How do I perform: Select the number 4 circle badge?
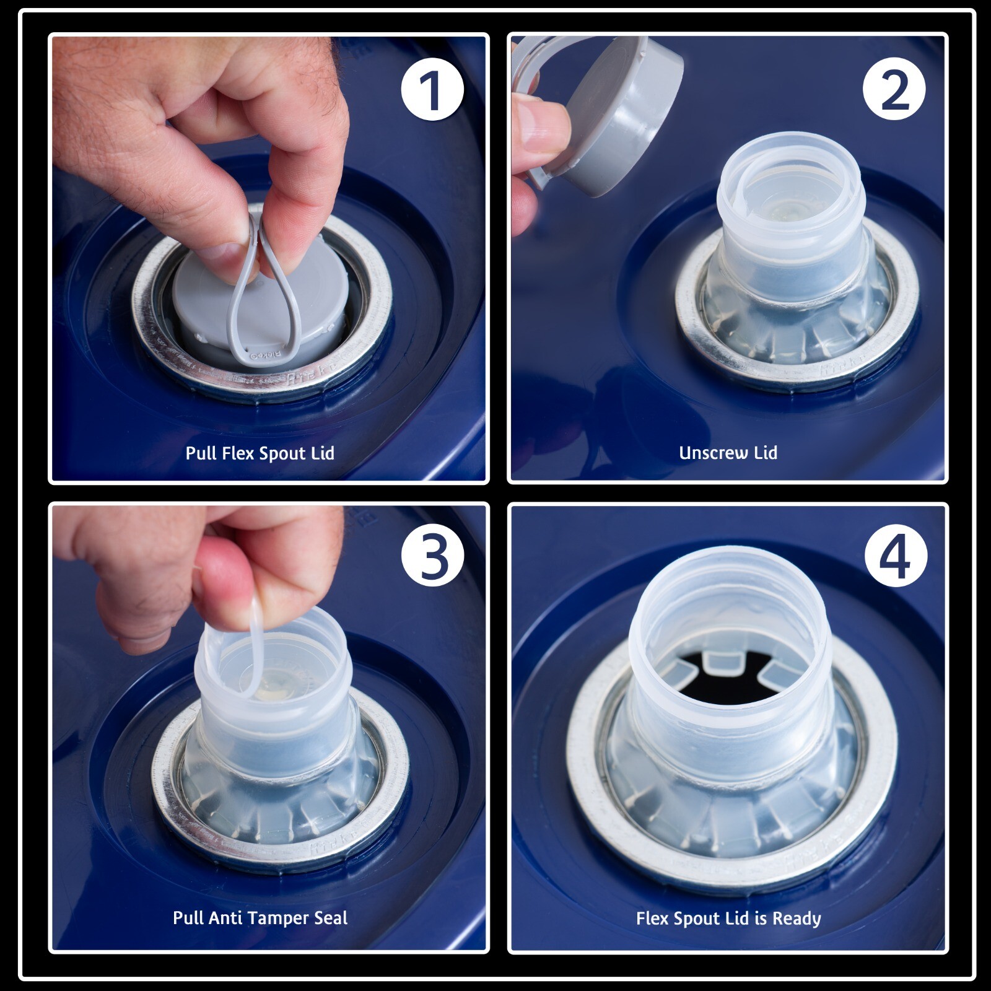pos(896,556)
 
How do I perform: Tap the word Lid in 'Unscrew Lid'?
pos(766,453)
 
